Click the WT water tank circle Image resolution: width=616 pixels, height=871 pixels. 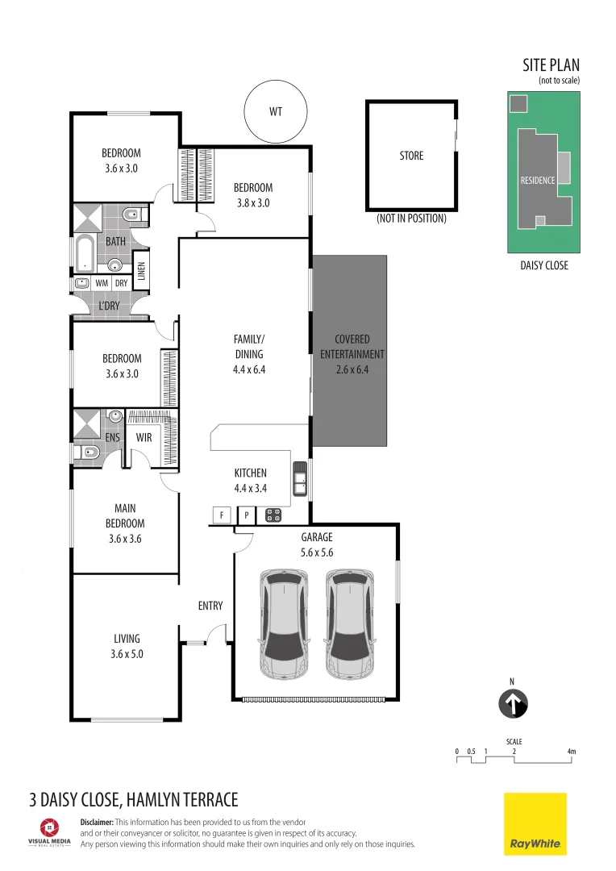276,110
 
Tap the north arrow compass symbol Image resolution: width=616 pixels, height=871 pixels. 512,703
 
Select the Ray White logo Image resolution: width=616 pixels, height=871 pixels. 535,823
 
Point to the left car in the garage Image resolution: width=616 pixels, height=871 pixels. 284,624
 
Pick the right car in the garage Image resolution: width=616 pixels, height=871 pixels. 350,624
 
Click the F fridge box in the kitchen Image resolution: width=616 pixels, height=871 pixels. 220,514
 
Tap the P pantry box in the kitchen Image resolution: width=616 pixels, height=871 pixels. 247,514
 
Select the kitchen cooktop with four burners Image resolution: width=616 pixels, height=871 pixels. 273,514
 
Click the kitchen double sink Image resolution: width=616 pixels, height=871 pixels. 300,478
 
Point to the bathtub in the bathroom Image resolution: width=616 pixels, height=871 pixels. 83,253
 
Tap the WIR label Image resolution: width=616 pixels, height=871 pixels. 144,438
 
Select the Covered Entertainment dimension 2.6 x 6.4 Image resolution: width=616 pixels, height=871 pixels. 352,369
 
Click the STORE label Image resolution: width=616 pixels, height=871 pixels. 411,156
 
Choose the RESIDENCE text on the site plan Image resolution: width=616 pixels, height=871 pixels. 537,180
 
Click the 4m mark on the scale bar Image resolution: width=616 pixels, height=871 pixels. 572,752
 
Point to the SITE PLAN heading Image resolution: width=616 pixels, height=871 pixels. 551,65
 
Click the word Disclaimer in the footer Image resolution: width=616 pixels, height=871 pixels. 97,822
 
